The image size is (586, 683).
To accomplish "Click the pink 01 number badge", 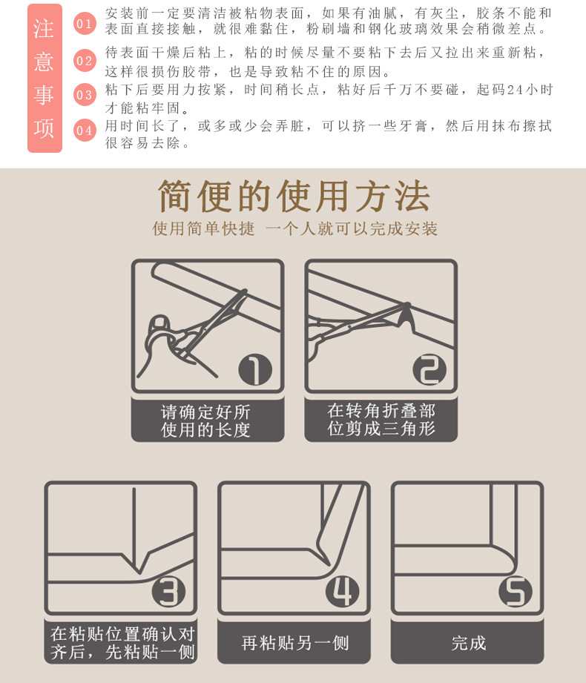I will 85,24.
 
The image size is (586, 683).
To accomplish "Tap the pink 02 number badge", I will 85,61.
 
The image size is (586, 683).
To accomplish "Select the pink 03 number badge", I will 85,95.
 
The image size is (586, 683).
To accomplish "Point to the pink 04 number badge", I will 85,131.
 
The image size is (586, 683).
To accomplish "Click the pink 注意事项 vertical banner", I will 45,78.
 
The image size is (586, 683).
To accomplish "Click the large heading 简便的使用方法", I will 294,197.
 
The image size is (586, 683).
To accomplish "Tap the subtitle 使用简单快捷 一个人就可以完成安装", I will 294,229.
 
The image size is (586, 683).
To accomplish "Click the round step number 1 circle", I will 255,369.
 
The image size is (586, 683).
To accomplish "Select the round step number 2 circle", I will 429,369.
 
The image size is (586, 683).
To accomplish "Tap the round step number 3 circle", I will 168,592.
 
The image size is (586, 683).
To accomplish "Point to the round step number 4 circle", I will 342,592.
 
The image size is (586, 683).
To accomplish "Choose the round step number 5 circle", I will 516,592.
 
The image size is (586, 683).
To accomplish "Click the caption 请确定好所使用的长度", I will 207,420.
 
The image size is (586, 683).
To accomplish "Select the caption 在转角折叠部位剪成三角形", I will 381,420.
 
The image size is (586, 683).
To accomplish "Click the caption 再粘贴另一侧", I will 294,642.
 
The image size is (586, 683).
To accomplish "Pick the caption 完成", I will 468,642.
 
